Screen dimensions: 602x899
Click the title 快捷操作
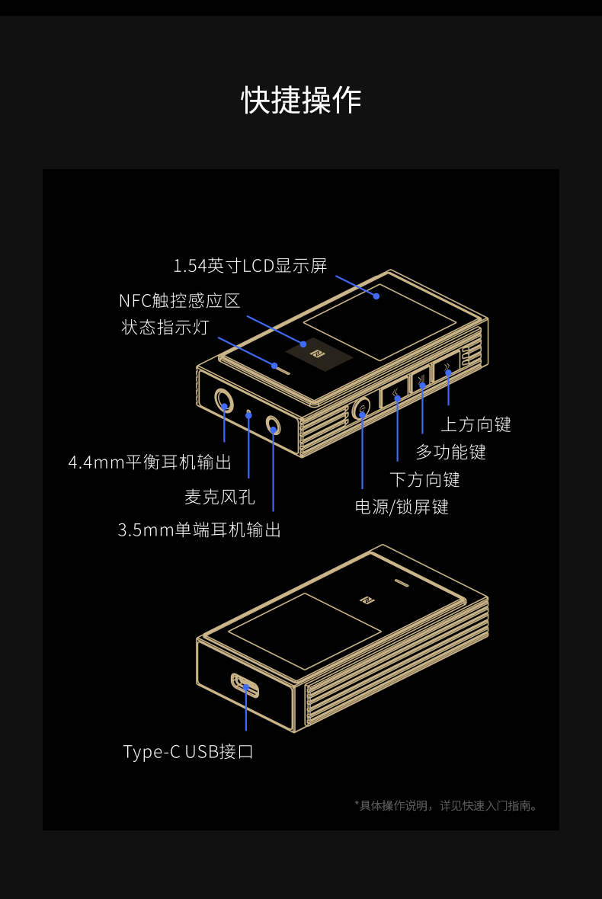coord(301,100)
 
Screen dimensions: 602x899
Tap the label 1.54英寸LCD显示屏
coord(250,266)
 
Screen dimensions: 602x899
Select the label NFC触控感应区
coord(179,301)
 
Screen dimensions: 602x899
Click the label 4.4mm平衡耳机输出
coord(149,462)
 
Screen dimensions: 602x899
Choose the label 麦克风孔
coord(219,497)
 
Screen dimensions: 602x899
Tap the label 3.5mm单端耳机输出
coord(200,529)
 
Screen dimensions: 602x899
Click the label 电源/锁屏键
coord(402,507)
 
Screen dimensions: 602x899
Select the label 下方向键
coord(424,479)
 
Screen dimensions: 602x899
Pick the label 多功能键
coord(450,452)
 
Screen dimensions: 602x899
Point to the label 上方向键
coord(476,424)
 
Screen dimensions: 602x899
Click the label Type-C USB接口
coord(188,752)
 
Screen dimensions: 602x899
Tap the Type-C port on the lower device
coord(245,685)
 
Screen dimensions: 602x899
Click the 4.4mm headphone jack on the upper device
coord(224,399)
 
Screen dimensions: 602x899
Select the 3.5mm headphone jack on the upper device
coord(273,424)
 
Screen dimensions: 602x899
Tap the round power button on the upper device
coord(362,411)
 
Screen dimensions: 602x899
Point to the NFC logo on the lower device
coord(367,599)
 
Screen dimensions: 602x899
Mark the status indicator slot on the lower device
coord(402,584)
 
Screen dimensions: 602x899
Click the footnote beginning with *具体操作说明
coord(447,805)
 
